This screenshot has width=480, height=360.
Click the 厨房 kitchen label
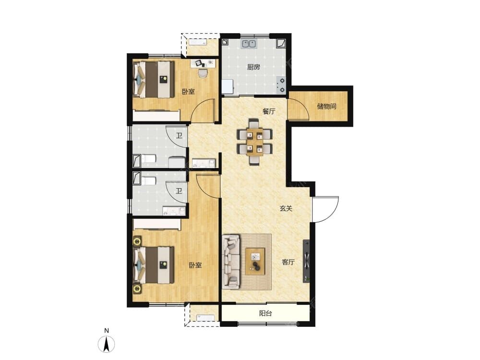(x=253, y=67)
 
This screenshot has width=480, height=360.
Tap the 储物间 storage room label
(x=326, y=107)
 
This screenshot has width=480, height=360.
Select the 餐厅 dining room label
(x=269, y=111)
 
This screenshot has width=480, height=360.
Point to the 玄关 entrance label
(x=286, y=208)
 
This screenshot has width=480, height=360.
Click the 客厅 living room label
(x=288, y=262)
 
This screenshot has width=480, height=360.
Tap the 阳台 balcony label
(x=265, y=313)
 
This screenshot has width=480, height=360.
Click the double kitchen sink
(x=249, y=44)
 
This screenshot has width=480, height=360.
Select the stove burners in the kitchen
(x=281, y=85)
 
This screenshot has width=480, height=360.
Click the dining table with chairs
(x=255, y=142)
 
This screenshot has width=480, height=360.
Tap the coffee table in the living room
(x=255, y=261)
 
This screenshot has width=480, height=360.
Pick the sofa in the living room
(x=231, y=262)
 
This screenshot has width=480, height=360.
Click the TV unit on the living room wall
(x=306, y=261)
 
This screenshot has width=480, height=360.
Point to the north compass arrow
(x=106, y=344)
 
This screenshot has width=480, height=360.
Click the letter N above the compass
(x=107, y=331)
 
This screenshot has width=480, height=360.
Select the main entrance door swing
(x=325, y=209)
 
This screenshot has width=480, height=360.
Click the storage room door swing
(x=299, y=109)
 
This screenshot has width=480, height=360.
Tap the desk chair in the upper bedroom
(x=203, y=73)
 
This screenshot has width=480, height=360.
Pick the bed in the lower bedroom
(x=154, y=265)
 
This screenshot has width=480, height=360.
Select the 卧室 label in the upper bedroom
(x=188, y=92)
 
